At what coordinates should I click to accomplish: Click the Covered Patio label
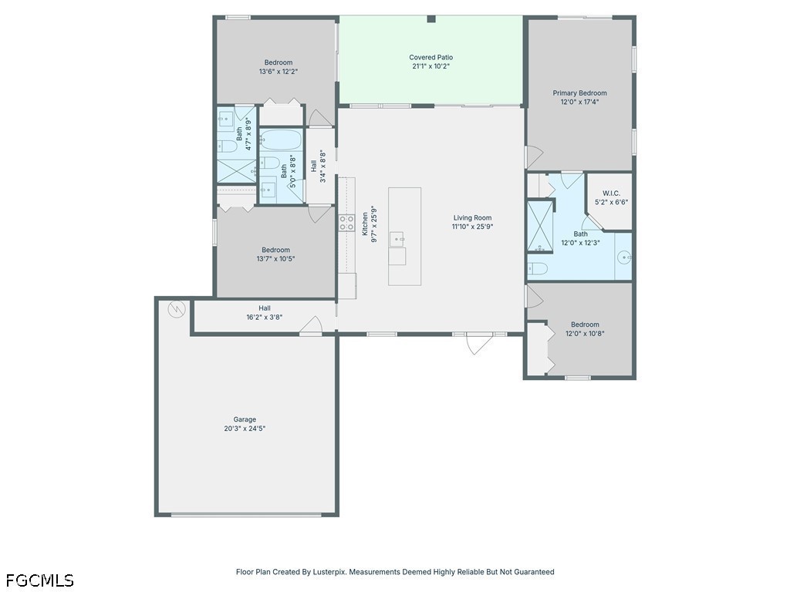(x=430, y=57)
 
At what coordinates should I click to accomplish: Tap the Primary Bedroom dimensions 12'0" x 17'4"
(x=579, y=102)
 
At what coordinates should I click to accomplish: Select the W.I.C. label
(x=611, y=193)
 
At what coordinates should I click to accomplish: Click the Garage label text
(x=245, y=419)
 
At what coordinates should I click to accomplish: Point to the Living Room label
(x=472, y=218)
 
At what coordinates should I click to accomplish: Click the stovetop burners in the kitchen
(x=346, y=223)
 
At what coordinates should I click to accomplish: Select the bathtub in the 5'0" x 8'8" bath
(x=281, y=140)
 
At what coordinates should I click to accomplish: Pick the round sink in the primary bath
(x=624, y=257)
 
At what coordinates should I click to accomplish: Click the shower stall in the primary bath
(x=539, y=226)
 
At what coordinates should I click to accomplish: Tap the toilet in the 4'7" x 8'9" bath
(x=228, y=146)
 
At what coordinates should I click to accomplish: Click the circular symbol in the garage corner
(x=177, y=308)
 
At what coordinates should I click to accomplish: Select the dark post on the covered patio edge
(x=431, y=19)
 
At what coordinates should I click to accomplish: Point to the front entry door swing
(x=478, y=343)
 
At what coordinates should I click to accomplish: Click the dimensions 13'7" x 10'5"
(x=275, y=259)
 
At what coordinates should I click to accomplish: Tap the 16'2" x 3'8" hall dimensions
(x=264, y=317)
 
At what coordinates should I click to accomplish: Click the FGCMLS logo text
(x=40, y=580)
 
